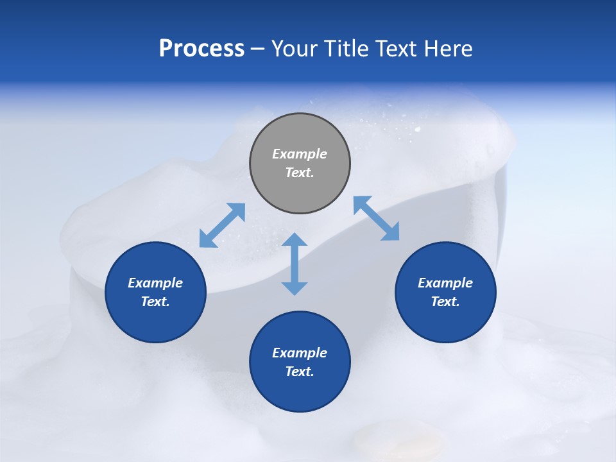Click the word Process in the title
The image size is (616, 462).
click(201, 49)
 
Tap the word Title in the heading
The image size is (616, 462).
click(349, 49)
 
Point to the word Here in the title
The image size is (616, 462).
click(447, 49)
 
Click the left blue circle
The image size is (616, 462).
click(155, 292)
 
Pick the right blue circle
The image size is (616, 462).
click(445, 292)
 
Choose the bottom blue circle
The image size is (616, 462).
click(300, 362)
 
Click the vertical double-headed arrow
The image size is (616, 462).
click(295, 264)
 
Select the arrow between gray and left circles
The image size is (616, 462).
click(222, 225)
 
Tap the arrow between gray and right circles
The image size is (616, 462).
click(377, 219)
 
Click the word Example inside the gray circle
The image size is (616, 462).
click(300, 154)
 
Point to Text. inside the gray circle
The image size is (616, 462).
click(300, 173)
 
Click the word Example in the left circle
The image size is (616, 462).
click(155, 283)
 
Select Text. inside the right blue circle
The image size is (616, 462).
click(445, 302)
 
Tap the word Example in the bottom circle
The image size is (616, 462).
click(300, 353)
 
